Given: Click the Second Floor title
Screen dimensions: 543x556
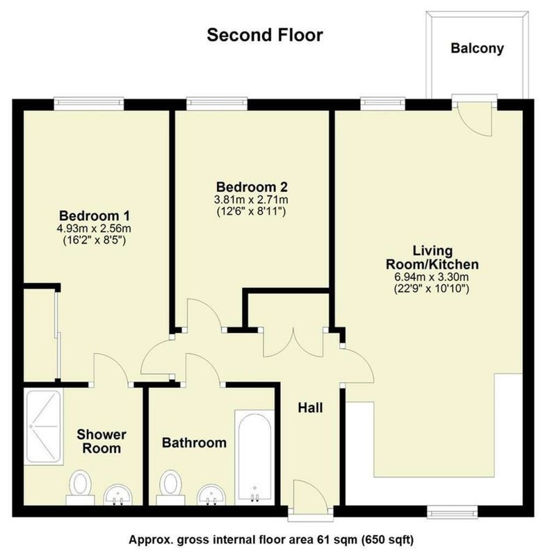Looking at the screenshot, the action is pyautogui.click(x=265, y=35).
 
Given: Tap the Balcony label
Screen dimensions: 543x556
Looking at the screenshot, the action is pyautogui.click(x=477, y=48).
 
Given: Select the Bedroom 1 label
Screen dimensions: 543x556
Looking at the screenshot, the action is pyautogui.click(x=95, y=215).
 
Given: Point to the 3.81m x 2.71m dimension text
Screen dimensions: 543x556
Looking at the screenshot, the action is pyautogui.click(x=251, y=199).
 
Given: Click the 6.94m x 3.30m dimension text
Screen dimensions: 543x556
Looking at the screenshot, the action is pyautogui.click(x=432, y=277).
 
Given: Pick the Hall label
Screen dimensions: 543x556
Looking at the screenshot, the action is pyautogui.click(x=310, y=408).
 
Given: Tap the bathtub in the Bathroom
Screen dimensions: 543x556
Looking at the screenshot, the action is pyautogui.click(x=254, y=457).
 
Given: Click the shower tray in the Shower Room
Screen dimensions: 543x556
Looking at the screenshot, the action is pyautogui.click(x=44, y=427).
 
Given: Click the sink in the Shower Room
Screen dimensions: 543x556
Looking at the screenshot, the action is pyautogui.click(x=117, y=494).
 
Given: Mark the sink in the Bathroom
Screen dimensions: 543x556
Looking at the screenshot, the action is pyautogui.click(x=211, y=494).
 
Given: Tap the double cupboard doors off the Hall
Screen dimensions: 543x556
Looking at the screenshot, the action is pyautogui.click(x=293, y=343).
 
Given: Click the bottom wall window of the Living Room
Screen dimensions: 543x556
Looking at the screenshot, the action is pyautogui.click(x=453, y=511).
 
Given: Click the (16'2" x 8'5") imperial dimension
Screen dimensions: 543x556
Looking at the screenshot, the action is pyautogui.click(x=95, y=240).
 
